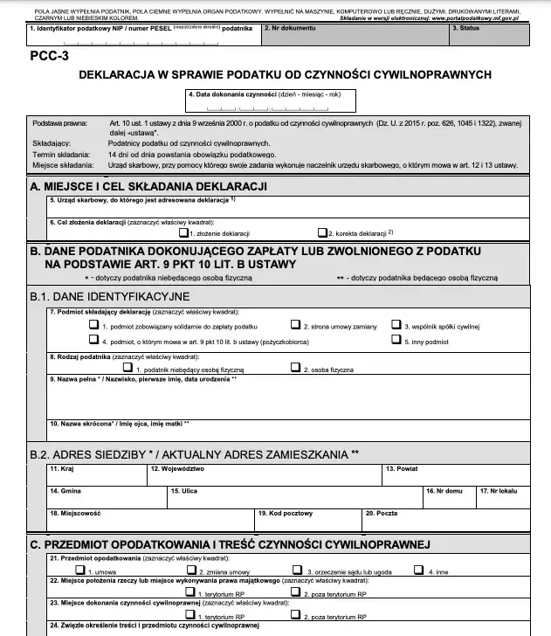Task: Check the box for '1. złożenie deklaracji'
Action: (183, 234)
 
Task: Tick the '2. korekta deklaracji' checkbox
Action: (320, 234)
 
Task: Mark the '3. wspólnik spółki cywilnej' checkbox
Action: (396, 324)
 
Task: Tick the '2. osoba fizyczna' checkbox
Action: (296, 369)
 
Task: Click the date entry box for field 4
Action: (268, 105)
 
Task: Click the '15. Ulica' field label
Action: (184, 491)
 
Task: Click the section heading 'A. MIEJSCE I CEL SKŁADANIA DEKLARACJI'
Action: (148, 187)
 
